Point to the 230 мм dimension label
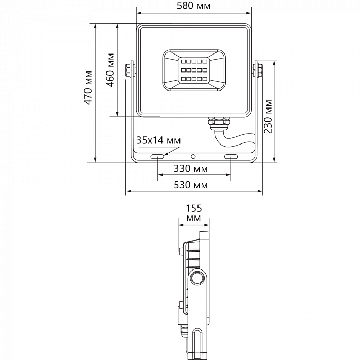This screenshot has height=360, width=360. pyautogui.click(x=268, y=116)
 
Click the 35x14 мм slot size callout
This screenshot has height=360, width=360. pyautogui.click(x=158, y=140)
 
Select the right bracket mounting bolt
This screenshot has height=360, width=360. pyautogui.click(x=258, y=69)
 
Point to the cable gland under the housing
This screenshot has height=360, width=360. pyautogui.click(x=219, y=122)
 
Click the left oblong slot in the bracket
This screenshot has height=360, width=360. pyautogui.click(x=157, y=156)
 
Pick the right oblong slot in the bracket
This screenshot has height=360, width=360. pyautogui.click(x=230, y=156)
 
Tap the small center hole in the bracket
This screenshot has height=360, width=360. pyautogui.click(x=193, y=156)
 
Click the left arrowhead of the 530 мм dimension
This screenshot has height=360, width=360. pyautogui.click(x=129, y=192)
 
